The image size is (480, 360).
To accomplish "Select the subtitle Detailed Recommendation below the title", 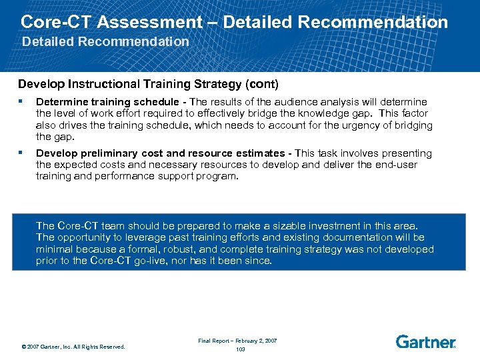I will point(105,42).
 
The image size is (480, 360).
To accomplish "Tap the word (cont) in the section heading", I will point(260,85).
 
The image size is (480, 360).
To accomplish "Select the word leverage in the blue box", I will point(137,237).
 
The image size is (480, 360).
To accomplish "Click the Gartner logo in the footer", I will point(425,342).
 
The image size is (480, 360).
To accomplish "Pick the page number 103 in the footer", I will point(240,349).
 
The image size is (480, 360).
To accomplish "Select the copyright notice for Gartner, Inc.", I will point(73,346).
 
